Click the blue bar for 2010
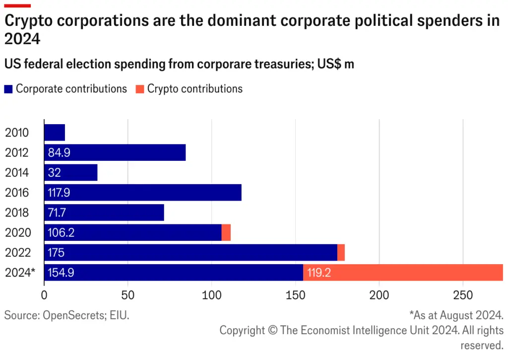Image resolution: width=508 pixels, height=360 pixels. click(x=55, y=133)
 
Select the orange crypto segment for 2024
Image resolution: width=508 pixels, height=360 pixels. click(x=403, y=273)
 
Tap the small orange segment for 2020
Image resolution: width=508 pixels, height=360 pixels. click(x=226, y=232)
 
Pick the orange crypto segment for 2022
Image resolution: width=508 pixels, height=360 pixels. click(x=341, y=252)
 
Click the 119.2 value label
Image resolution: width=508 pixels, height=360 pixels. click(x=320, y=273)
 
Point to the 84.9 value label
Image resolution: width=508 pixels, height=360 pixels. click(x=59, y=153)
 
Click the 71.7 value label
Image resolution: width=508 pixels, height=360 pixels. click(x=59, y=213)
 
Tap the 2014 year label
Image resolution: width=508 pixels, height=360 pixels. click(x=17, y=173)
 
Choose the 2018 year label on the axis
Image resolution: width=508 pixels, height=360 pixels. click(x=17, y=213)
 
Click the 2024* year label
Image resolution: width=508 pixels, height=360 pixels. click(x=19, y=273)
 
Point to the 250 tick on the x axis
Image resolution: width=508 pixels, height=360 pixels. click(x=463, y=295)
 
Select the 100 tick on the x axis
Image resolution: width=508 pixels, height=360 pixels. click(x=212, y=295)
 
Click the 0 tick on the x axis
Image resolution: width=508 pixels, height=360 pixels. click(x=44, y=295)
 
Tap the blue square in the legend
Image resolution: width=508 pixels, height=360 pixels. click(x=8, y=89)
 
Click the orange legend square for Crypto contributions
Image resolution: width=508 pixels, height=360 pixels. click(x=140, y=89)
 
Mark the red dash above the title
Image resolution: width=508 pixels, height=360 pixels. click(x=17, y=5)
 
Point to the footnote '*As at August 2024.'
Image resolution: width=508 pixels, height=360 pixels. click(x=456, y=315)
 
